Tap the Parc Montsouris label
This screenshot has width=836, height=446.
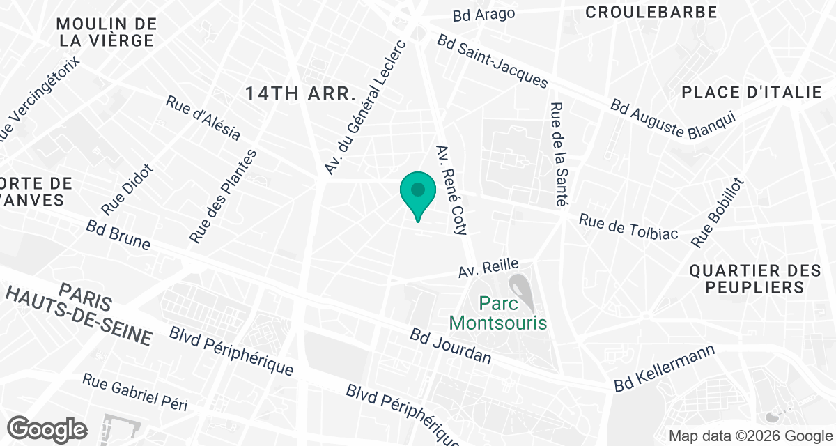[498, 313]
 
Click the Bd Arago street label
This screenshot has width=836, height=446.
[483, 14]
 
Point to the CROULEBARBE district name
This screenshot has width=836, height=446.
[651, 12]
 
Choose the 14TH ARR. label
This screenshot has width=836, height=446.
[300, 94]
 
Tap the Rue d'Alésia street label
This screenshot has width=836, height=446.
[203, 118]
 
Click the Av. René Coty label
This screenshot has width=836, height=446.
[451, 189]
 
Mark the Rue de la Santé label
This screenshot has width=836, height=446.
[557, 155]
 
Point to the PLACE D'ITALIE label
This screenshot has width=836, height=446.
[752, 92]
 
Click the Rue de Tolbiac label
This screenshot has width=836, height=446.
[628, 226]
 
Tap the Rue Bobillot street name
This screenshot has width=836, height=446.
[718, 213]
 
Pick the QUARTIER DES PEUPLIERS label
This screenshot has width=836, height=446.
[747, 278]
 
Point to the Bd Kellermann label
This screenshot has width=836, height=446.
[665, 368]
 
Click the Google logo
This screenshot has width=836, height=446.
[47, 428]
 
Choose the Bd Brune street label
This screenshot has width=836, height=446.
[118, 235]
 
